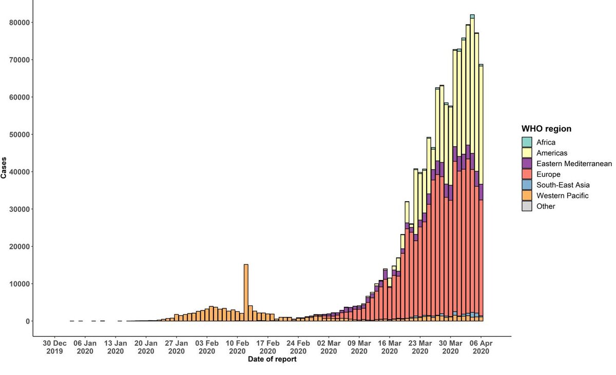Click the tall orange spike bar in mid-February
[246, 292]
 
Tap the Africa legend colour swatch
[527, 142]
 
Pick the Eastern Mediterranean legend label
[574, 164]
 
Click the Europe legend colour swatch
[527, 174]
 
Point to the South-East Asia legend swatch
[527, 185]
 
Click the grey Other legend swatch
[527, 206]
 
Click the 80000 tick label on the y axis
[20, 23]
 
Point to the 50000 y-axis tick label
[20, 134]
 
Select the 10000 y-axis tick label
[20, 284]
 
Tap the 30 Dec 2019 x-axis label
[54, 347]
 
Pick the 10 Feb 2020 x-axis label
[237, 347]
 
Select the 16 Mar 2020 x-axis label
[390, 347]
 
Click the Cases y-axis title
[4, 168]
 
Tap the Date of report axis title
[272, 359]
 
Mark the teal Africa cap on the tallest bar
[472, 16]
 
